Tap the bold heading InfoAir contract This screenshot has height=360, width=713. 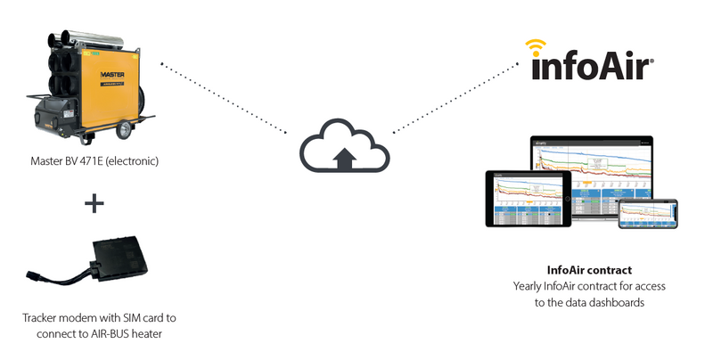[x=588, y=269]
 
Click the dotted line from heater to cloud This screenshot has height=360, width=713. [x=223, y=98]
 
